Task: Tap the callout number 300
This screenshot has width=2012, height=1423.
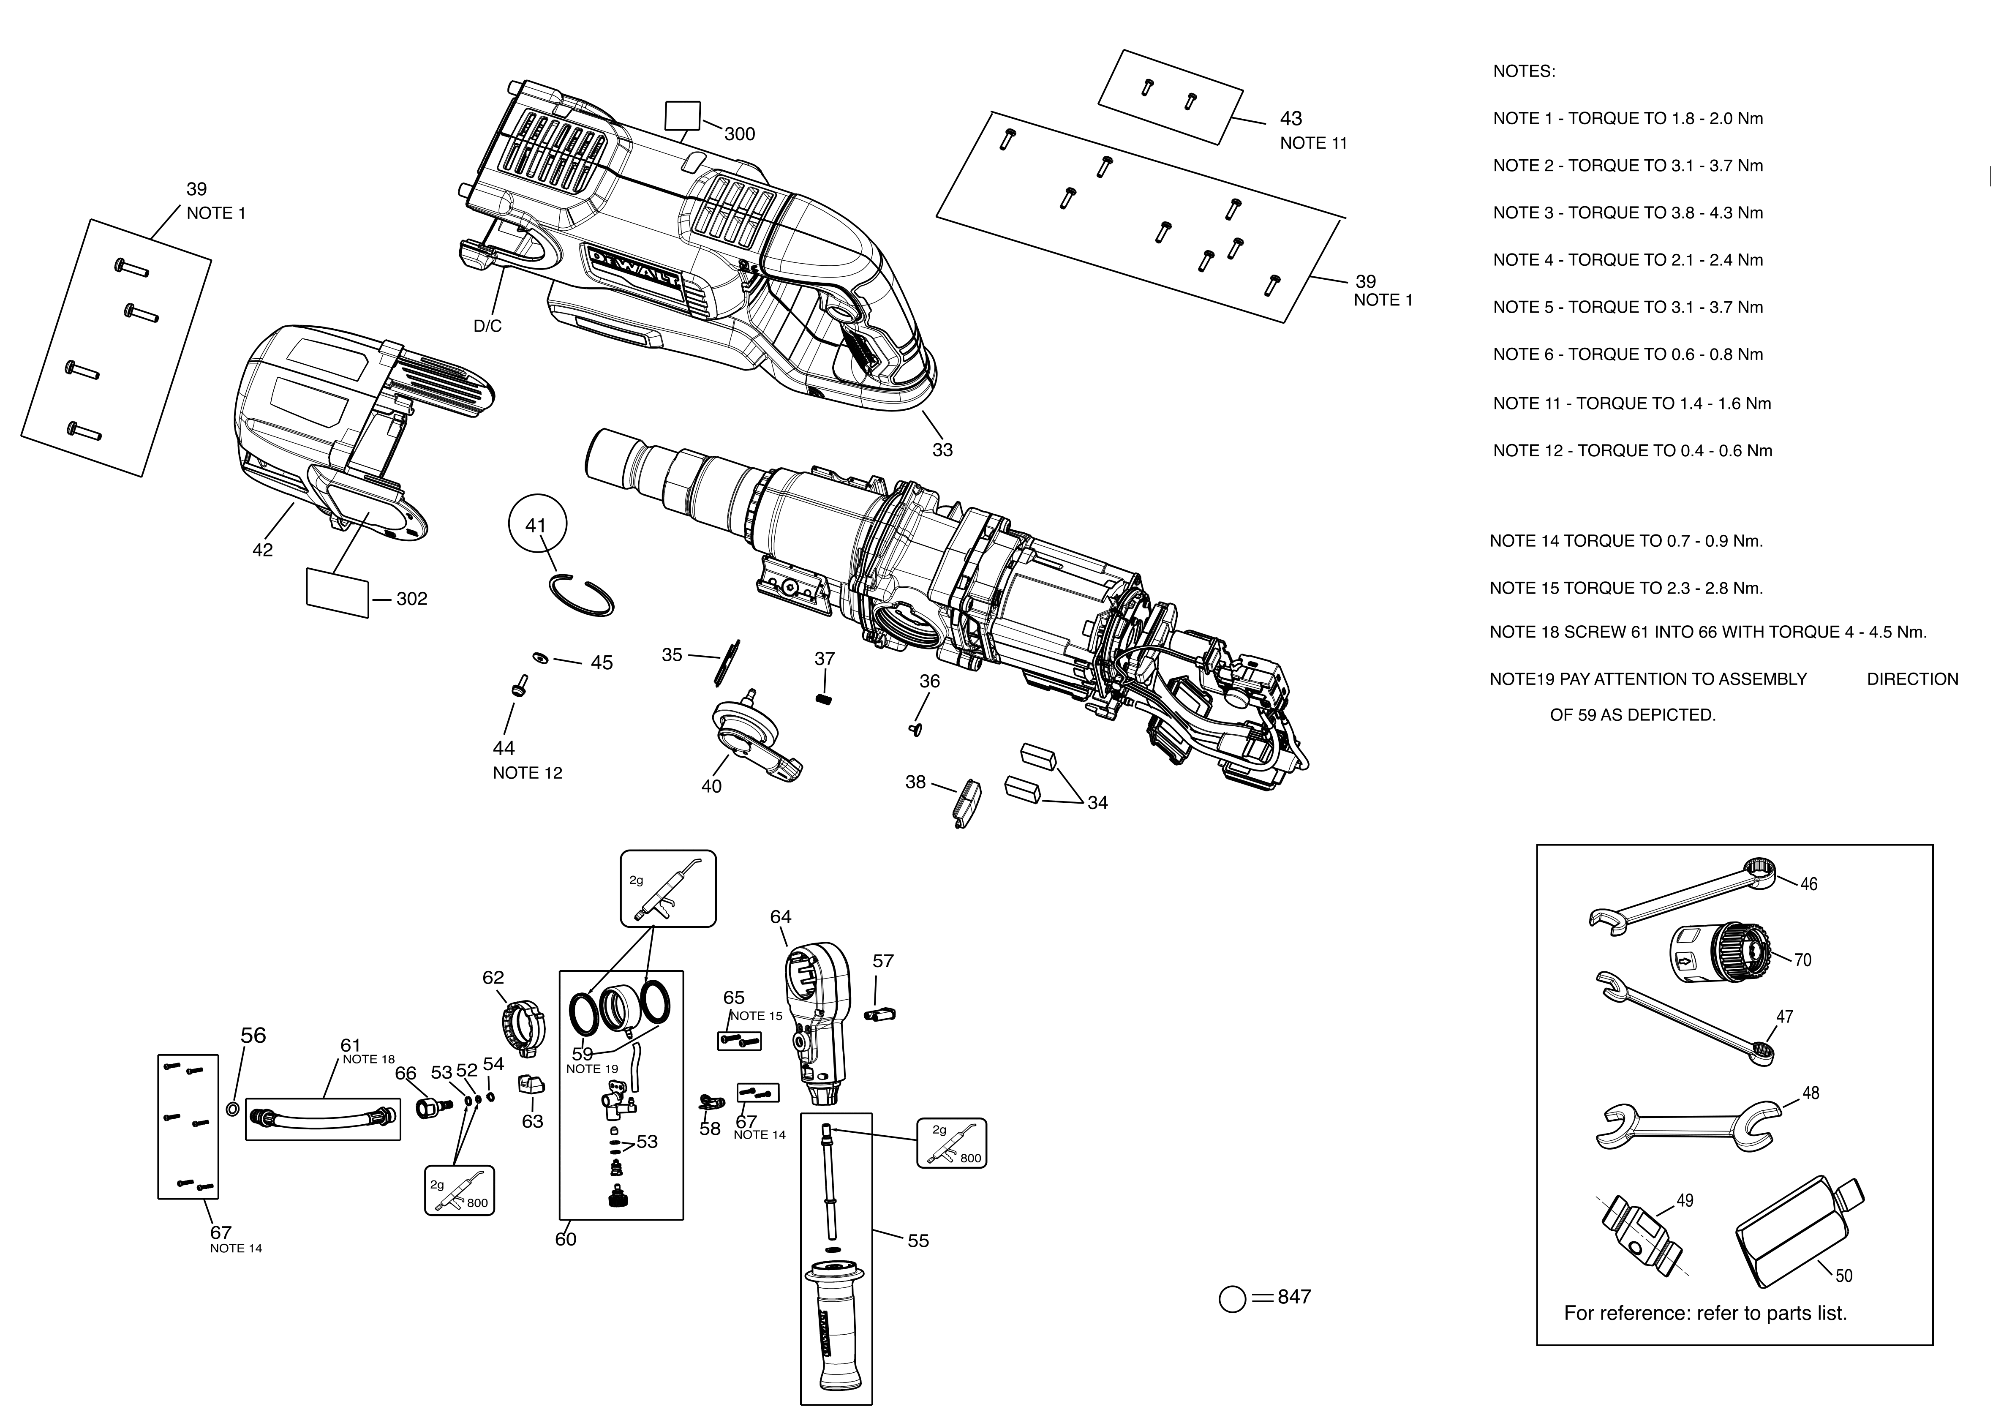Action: [x=740, y=134]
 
